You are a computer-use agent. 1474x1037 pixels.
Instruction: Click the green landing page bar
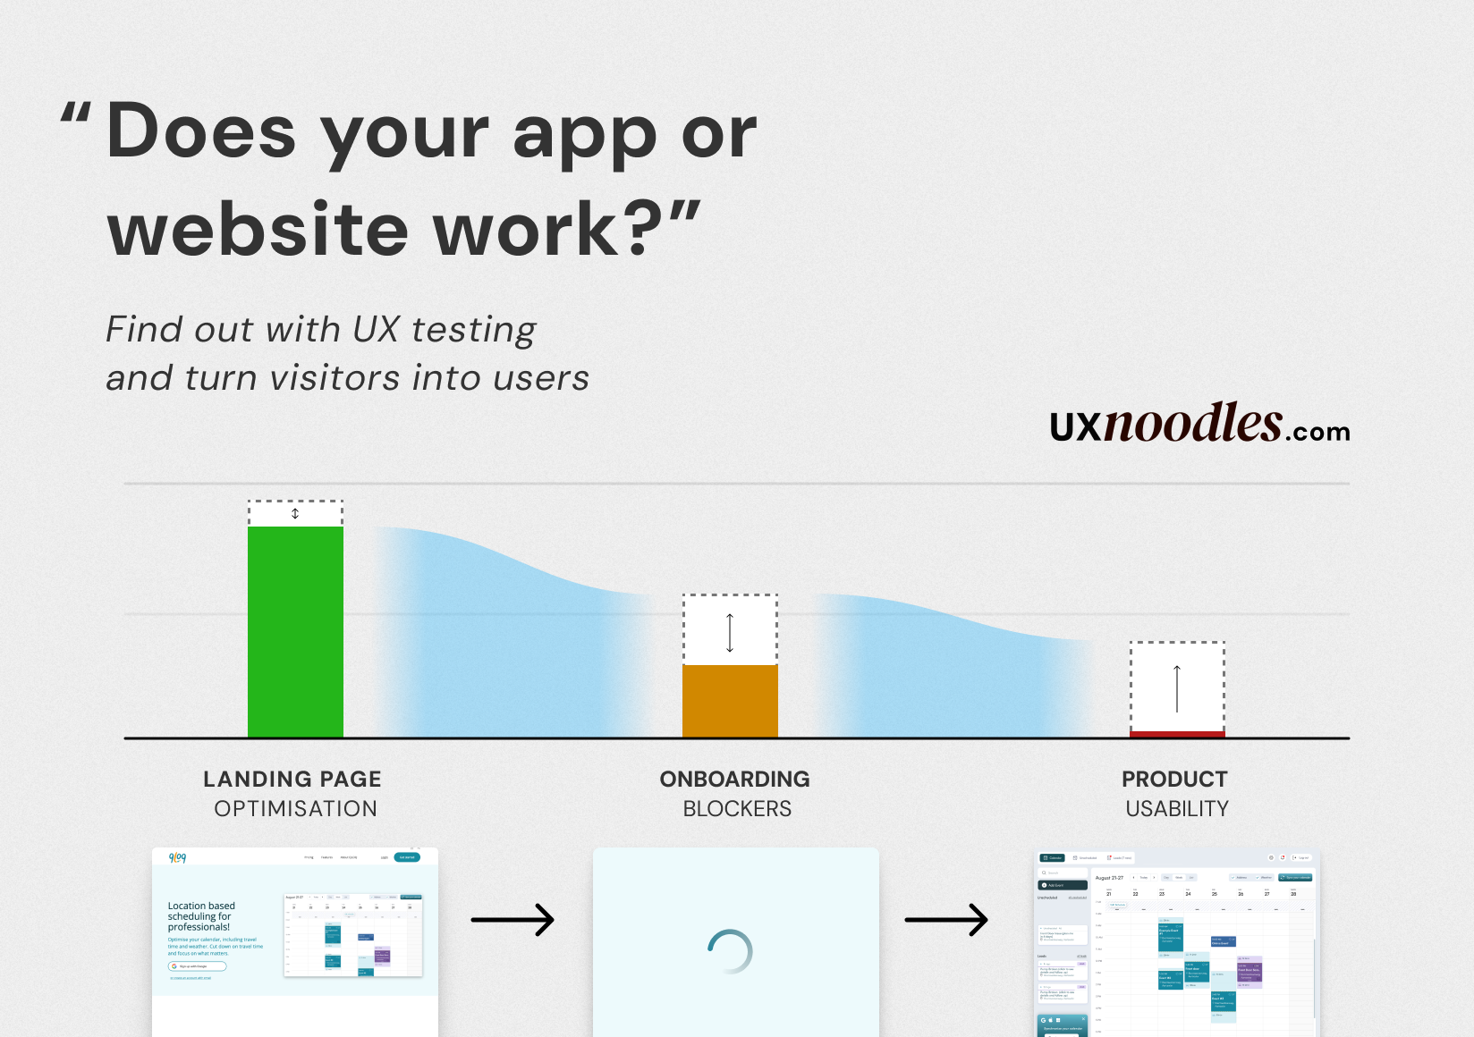(x=295, y=631)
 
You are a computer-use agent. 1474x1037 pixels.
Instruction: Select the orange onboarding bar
(x=730, y=701)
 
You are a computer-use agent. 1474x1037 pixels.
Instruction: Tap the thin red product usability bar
(x=1177, y=734)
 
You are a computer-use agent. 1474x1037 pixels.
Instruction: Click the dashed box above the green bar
(x=295, y=513)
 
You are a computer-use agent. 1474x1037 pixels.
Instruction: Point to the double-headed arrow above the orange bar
(x=730, y=632)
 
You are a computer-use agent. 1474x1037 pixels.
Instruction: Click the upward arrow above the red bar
(x=1177, y=687)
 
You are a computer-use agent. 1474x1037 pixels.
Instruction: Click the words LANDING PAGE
(x=292, y=780)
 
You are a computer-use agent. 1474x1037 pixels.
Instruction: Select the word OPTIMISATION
(x=295, y=809)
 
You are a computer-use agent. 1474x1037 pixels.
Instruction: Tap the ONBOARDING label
(x=734, y=780)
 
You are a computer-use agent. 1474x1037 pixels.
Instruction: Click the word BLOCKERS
(x=737, y=809)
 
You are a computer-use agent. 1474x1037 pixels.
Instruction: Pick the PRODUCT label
(x=1174, y=780)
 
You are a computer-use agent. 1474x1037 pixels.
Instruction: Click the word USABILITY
(x=1177, y=809)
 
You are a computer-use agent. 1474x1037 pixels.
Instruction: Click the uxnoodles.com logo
(x=1199, y=425)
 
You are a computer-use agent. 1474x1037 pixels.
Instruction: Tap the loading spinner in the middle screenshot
(x=730, y=952)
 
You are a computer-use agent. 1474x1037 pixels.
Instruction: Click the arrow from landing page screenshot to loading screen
(x=513, y=920)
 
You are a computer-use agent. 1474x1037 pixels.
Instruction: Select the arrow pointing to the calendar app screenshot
(x=946, y=920)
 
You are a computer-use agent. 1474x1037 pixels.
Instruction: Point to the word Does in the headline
(x=201, y=132)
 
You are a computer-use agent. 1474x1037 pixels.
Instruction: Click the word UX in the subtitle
(x=376, y=330)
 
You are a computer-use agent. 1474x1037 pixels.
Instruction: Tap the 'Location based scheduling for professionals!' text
(x=201, y=916)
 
